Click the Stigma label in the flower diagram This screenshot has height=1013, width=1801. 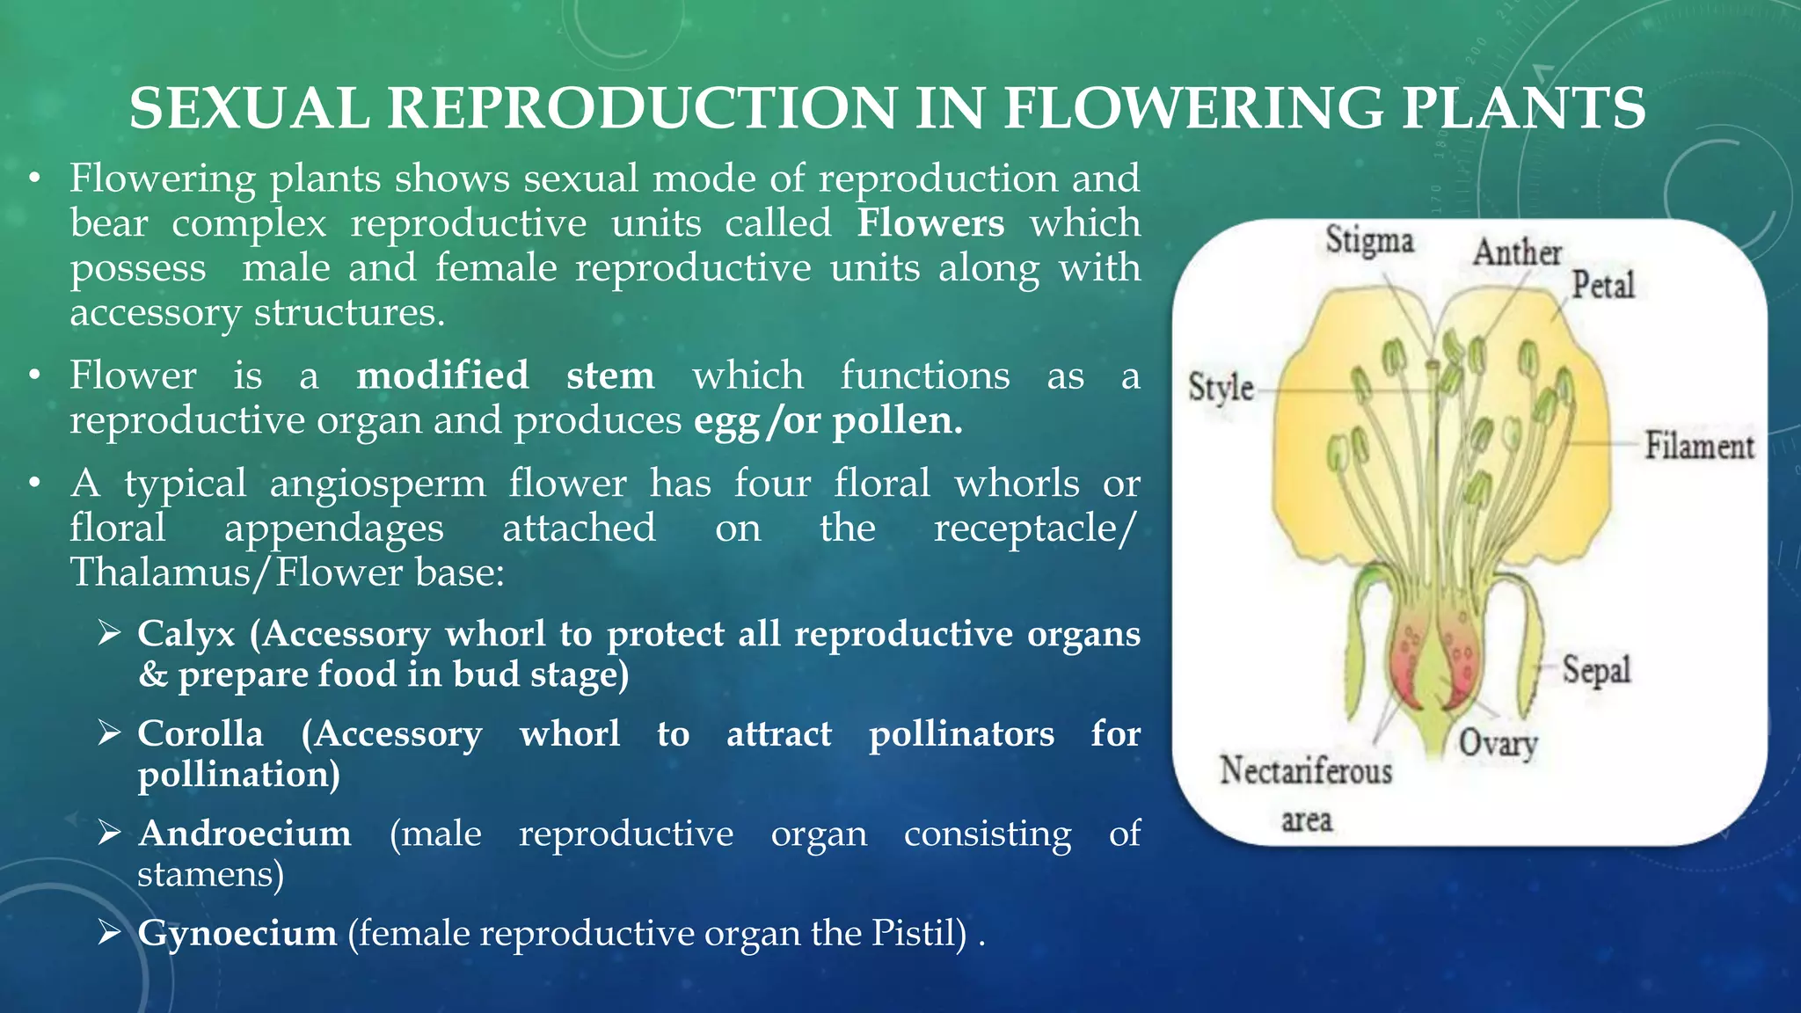tap(1369, 240)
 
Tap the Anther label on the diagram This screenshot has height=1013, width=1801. tap(1517, 252)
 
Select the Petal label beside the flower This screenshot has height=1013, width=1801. tap(1602, 286)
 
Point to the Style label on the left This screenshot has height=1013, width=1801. tap(1221, 388)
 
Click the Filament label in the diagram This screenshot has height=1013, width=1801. tap(1699, 446)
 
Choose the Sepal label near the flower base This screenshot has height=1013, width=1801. tap(1596, 671)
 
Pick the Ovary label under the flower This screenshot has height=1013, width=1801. tap(1498, 744)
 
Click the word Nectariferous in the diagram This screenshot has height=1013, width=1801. tap(1306, 771)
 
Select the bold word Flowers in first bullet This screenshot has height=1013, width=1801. tap(930, 223)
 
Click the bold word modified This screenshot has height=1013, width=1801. tap(442, 375)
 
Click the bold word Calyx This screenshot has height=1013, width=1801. tap(186, 634)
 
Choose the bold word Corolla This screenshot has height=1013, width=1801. tap(201, 733)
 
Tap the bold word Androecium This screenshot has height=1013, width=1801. tap(244, 834)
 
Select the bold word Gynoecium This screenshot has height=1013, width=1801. tap(237, 933)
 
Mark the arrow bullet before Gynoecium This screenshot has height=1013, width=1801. tap(109, 933)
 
